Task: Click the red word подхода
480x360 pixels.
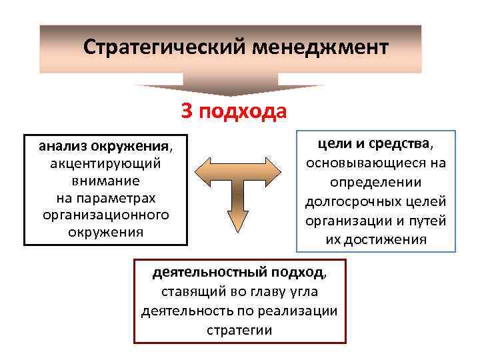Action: point(245,111)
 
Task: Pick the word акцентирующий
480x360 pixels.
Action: point(105,163)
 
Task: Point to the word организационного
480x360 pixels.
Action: point(105,215)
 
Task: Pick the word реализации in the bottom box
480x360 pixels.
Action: point(303,311)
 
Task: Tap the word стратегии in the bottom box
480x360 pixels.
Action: point(239,330)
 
